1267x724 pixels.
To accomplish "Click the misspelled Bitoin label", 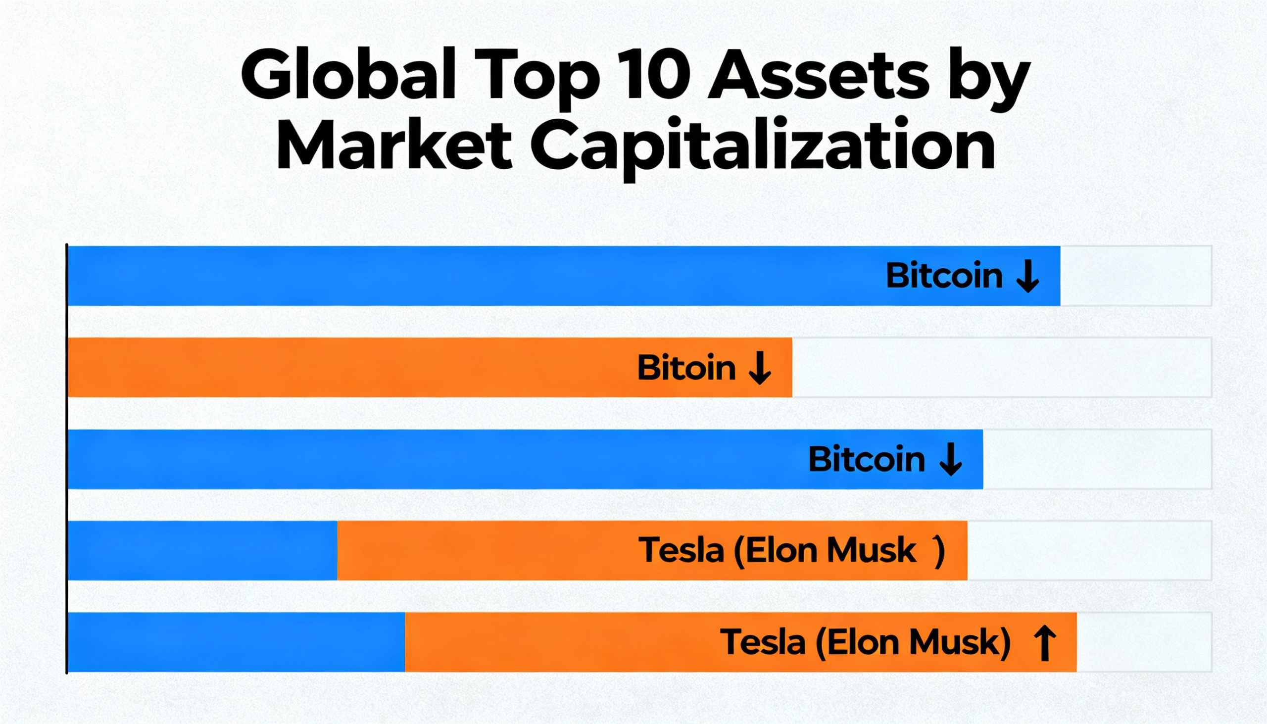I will pos(686,368).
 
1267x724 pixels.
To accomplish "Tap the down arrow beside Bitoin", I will pos(760,368).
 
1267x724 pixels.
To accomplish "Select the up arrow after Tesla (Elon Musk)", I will pos(1045,643).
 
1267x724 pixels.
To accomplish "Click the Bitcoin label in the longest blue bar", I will pos(944,276).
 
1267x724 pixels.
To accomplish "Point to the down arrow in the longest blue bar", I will pos(1027,276).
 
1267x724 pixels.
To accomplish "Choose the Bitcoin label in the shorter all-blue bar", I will pos(866,459).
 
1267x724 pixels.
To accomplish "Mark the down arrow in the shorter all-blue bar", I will pos(950,459).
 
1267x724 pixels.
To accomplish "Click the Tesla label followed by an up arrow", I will pos(865,642).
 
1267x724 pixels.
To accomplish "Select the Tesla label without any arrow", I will pos(778,551).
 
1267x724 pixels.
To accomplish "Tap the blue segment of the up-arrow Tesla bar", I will pos(236,642).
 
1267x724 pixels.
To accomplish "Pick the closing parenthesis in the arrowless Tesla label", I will pos(939,551).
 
